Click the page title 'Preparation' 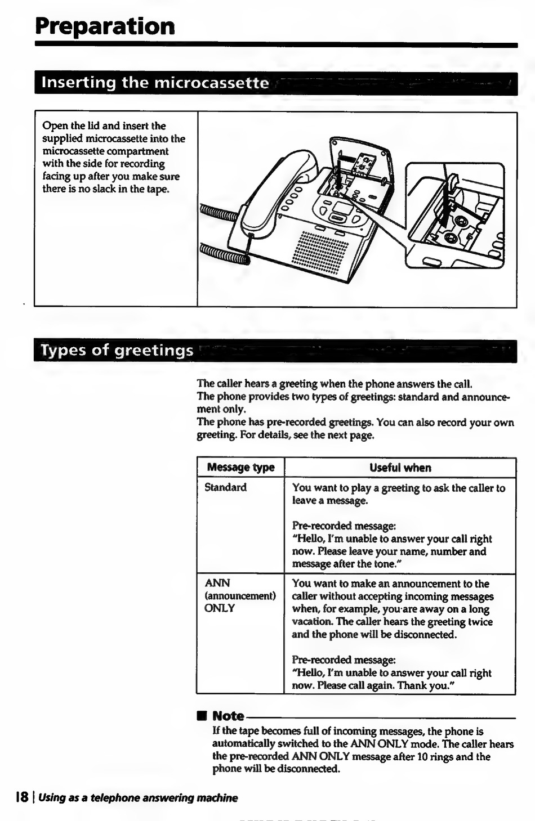click(x=105, y=26)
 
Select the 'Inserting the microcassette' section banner click(x=155, y=83)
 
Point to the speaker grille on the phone click(x=319, y=252)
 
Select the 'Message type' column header click(x=240, y=468)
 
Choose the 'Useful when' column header click(x=400, y=468)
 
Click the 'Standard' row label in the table click(x=225, y=487)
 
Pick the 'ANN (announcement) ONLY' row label click(x=240, y=595)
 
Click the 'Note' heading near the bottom click(x=228, y=716)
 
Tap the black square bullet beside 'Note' click(x=202, y=716)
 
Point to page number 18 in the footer click(x=22, y=797)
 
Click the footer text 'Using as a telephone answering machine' click(x=138, y=797)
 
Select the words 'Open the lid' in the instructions click(x=70, y=126)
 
